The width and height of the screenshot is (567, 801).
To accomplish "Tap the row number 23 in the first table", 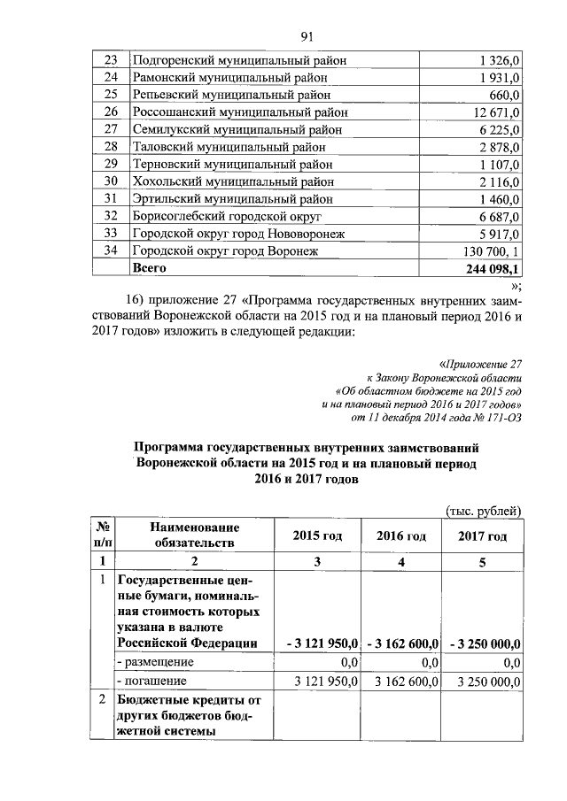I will click(x=111, y=60).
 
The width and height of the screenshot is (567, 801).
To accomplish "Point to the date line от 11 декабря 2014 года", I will click(x=433, y=419).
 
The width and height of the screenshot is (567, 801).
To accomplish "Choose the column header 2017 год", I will click(x=483, y=536).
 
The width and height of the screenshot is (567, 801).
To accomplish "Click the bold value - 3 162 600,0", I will click(x=401, y=643).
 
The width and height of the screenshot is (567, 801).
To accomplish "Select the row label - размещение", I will click(x=156, y=662).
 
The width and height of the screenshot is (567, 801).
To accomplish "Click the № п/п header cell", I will click(x=103, y=535).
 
